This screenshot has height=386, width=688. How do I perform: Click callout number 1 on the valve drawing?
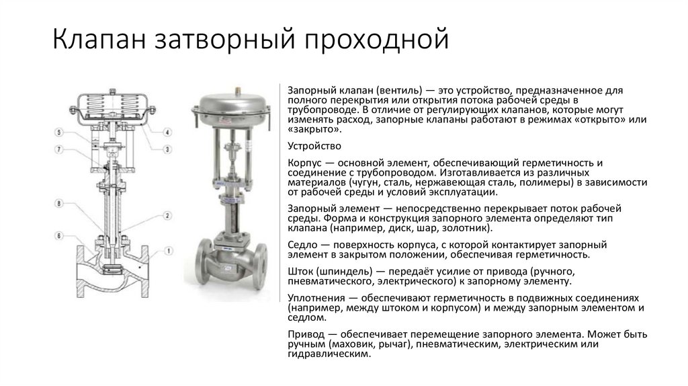(x=168, y=252)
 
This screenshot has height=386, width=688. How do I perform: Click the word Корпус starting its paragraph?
(x=304, y=163)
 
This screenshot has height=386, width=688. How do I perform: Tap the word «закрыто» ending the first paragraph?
(x=310, y=128)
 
